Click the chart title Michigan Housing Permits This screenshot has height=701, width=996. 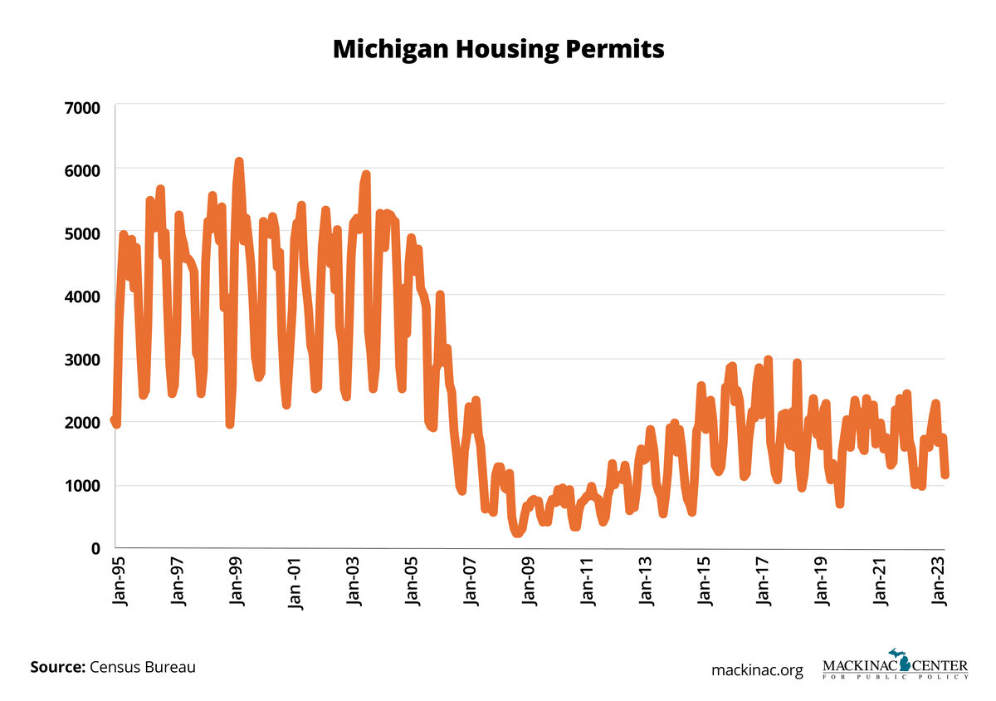pyautogui.click(x=498, y=49)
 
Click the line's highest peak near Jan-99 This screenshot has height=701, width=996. pyautogui.click(x=239, y=161)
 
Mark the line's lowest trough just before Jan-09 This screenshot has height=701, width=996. pyautogui.click(x=517, y=532)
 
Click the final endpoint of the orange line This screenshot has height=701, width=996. pyautogui.click(x=945, y=475)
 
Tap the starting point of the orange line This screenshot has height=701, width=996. pyautogui.click(x=114, y=420)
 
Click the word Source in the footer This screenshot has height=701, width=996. pyautogui.click(x=56, y=667)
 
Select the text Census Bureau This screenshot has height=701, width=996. pyautogui.click(x=143, y=667)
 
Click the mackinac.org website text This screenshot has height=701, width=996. pyautogui.click(x=757, y=669)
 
